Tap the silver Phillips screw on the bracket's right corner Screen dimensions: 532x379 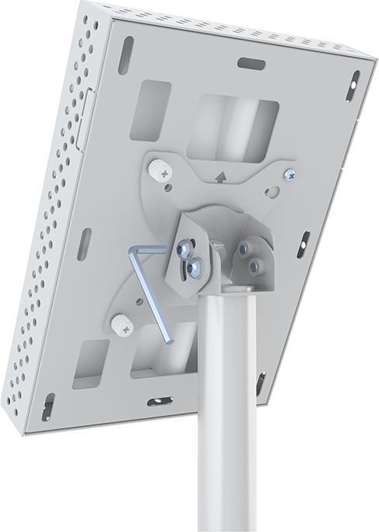click(289, 175)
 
